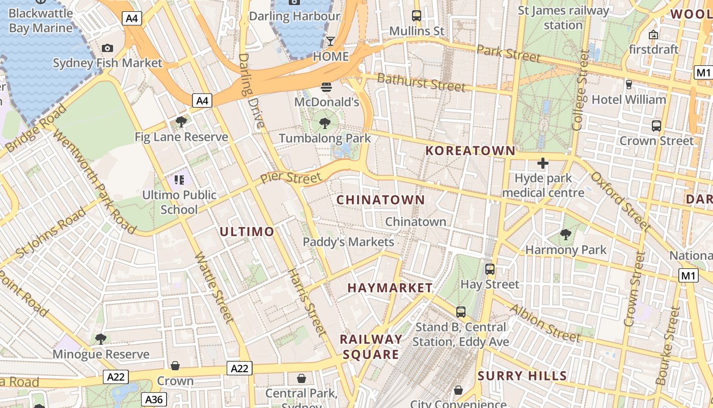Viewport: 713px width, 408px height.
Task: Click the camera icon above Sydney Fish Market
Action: coord(107,48)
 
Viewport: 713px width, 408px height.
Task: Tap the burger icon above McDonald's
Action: coord(326,87)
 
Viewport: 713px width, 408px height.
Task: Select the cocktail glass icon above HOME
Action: coord(331,41)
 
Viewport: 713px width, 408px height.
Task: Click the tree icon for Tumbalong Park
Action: coord(324,123)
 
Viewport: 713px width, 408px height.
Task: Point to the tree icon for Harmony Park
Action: coord(565,235)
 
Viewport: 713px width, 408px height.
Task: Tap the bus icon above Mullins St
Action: coord(417,15)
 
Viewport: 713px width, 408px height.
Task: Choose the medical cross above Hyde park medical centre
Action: coord(543,163)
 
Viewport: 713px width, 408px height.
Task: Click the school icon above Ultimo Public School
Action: coord(179,180)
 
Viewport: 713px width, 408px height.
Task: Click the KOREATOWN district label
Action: coord(471,150)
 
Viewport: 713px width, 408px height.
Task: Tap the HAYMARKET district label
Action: coord(390,288)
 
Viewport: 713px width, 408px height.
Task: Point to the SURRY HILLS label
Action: coord(522,376)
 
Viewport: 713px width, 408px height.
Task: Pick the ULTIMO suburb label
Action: coord(247,232)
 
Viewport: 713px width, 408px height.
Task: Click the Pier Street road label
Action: coord(291,178)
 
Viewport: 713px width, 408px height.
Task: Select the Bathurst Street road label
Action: coord(421,82)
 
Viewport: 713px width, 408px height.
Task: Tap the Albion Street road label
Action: coord(545,323)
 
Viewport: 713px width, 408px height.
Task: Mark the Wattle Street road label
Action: coord(214,288)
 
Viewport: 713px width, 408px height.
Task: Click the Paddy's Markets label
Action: coord(348,242)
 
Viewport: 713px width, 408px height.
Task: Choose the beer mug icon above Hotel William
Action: coord(629,84)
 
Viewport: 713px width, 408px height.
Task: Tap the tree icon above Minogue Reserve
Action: coord(101,339)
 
